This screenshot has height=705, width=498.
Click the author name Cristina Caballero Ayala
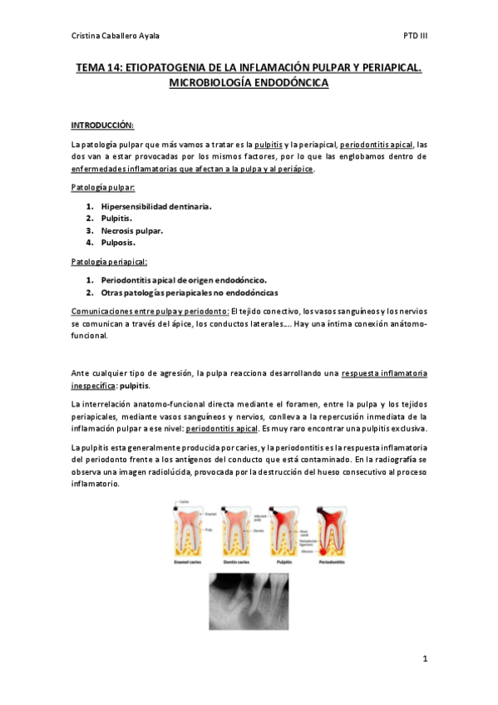pyautogui.click(x=116, y=36)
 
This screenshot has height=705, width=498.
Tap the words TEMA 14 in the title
pyautogui.click(x=98, y=70)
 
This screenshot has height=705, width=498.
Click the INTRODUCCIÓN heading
pyautogui.click(x=101, y=125)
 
